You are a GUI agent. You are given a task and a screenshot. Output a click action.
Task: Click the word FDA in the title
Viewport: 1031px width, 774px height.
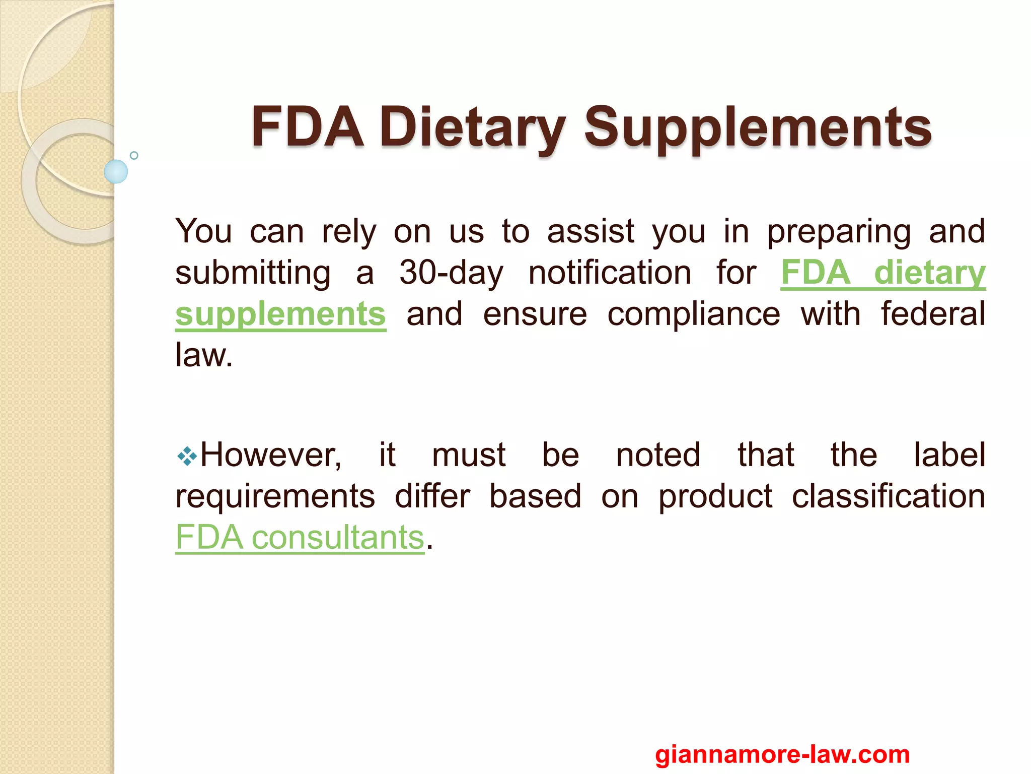tap(307, 127)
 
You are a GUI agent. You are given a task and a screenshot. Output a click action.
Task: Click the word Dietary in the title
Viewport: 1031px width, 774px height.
tap(473, 127)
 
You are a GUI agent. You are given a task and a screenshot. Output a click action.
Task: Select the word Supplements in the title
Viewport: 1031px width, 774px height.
tap(758, 127)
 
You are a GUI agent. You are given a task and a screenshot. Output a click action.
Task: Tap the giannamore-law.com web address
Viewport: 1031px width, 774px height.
tap(782, 754)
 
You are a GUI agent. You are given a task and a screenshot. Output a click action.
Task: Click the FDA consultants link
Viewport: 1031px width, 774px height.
tap(300, 537)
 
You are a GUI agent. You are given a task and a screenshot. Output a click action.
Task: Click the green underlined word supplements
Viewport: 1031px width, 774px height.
tap(280, 314)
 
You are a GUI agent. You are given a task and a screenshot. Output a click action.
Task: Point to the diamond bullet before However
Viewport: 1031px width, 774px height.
tap(187, 457)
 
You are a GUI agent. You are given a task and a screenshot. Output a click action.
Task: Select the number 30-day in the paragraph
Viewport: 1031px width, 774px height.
tap(451, 273)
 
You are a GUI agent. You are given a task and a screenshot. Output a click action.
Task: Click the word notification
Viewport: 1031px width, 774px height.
tap(610, 273)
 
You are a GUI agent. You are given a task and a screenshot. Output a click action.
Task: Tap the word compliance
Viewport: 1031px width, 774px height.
tap(694, 314)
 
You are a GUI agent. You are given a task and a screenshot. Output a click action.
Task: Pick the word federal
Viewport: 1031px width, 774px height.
tap(933, 314)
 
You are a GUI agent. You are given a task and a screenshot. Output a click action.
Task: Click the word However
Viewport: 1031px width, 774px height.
tap(271, 455)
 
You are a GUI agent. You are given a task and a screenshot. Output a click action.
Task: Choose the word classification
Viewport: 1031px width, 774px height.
tap(889, 496)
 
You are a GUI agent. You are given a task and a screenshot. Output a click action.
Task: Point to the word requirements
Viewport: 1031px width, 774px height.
tap(275, 497)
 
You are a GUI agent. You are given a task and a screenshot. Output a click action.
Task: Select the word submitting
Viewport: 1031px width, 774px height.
tap(253, 273)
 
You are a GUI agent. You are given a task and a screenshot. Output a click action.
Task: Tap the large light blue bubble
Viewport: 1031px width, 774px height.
tap(116, 171)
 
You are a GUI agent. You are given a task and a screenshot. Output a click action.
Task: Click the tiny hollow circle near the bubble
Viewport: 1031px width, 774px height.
tap(134, 155)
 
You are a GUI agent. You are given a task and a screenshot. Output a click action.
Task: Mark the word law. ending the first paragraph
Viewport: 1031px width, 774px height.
tap(204, 355)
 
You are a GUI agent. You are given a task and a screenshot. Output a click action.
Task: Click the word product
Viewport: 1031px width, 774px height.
tap(715, 497)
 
